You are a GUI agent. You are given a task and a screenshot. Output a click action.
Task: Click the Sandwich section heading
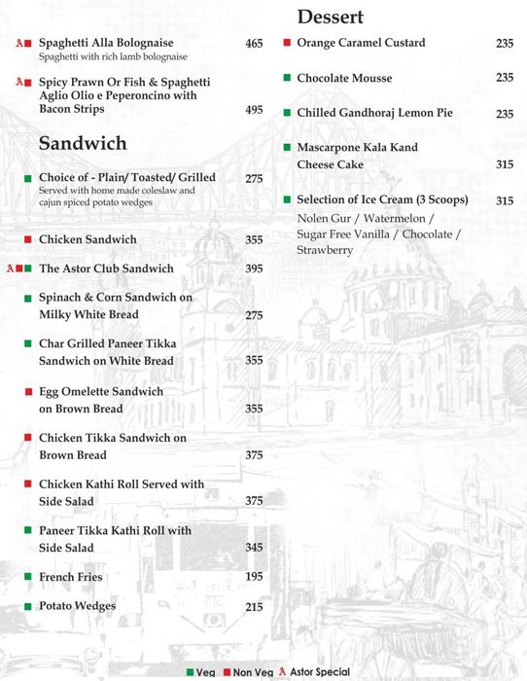(x=83, y=144)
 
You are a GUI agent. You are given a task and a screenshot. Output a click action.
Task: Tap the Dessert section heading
(x=331, y=17)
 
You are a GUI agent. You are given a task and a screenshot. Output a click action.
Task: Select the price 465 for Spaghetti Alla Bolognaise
(x=254, y=44)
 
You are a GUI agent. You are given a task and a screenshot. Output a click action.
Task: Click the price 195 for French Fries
(x=254, y=577)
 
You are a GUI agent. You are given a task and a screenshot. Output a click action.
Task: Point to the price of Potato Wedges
(x=254, y=607)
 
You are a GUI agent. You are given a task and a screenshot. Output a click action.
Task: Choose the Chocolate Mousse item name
(x=344, y=78)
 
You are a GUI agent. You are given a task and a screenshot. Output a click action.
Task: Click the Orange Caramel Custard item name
(x=361, y=43)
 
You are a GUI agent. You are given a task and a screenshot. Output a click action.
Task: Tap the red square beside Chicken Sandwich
(x=28, y=239)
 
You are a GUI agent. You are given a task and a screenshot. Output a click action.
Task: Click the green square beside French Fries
(x=28, y=577)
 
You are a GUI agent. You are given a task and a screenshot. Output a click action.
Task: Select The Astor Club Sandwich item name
(x=106, y=269)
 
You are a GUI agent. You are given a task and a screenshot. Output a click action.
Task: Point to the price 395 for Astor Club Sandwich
(x=254, y=269)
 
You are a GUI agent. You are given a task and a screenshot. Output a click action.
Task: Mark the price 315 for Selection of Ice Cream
(x=505, y=201)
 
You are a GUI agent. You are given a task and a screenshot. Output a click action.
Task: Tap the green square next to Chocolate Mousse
(x=287, y=78)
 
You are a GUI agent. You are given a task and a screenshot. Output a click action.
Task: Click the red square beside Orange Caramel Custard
(x=287, y=43)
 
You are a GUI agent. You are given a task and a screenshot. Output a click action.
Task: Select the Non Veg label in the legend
(x=251, y=672)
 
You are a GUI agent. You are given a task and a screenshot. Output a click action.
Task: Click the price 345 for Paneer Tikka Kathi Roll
(x=254, y=548)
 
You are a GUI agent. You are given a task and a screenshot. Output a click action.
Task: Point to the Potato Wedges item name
(x=77, y=606)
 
